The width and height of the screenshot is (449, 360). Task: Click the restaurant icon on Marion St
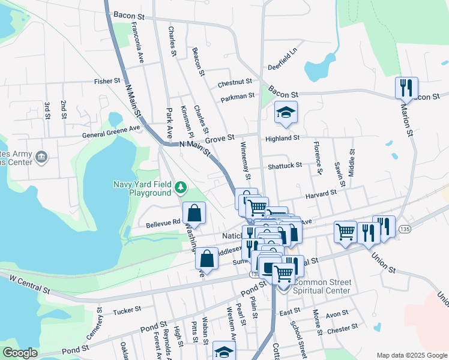[x=406, y=88]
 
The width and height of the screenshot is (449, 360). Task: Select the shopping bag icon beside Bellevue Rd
[x=194, y=212]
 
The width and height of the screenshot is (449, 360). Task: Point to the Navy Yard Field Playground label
[x=142, y=188]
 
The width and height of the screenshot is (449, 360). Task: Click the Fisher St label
[x=107, y=80]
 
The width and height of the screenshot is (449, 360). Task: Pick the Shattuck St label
[x=285, y=165]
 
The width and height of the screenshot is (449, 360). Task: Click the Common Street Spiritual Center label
[x=322, y=287]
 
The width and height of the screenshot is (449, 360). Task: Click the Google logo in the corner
[x=20, y=353]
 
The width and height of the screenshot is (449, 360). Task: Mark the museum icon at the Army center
[x=41, y=158]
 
